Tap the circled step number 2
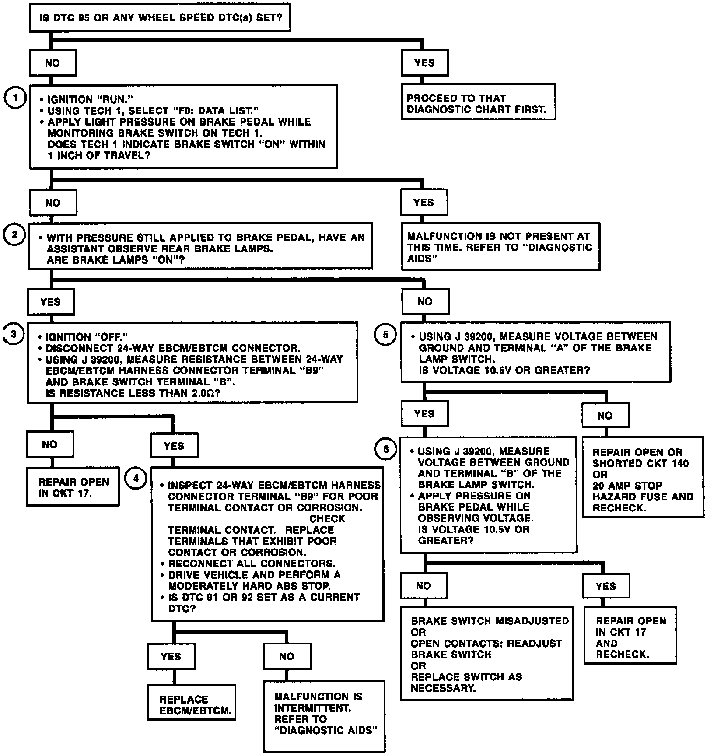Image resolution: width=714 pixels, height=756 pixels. tap(14, 235)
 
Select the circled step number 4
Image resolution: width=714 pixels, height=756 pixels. tap(136, 478)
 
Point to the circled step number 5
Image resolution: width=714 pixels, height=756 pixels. tap(385, 335)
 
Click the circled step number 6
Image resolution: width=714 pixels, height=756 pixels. tap(385, 450)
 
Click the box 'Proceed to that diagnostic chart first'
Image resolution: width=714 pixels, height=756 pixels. tap(478, 102)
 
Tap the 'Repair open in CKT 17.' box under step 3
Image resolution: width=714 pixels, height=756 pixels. tap(73, 487)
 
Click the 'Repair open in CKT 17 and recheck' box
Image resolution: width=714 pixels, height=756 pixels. tap(630, 637)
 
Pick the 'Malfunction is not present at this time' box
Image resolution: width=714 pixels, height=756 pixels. tap(500, 247)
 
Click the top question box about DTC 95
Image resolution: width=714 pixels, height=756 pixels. tap(160, 18)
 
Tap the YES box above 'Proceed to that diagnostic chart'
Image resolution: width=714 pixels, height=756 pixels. tap(424, 63)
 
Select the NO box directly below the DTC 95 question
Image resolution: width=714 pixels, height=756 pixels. tap(52, 63)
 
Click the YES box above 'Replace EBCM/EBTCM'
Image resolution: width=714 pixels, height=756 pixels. tap(171, 656)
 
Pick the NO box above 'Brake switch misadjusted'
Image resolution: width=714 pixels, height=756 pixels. tap(423, 586)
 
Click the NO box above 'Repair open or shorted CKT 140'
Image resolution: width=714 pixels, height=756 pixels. tap(605, 415)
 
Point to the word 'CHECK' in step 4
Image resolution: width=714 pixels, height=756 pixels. tap(327, 518)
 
